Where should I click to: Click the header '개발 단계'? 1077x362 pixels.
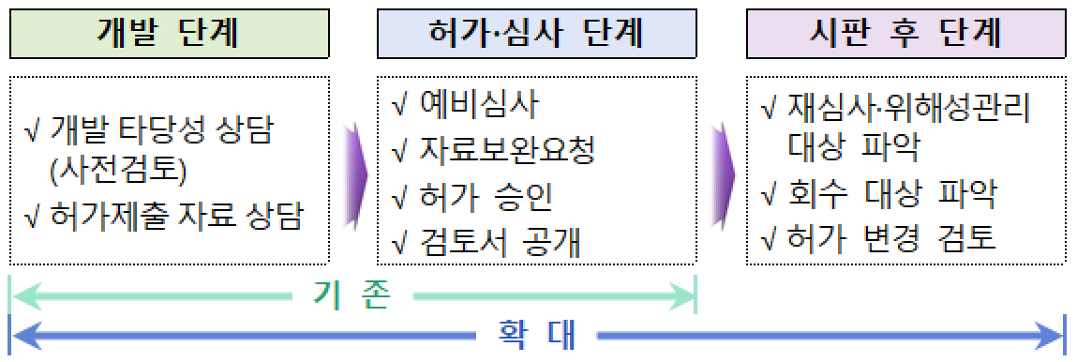click(169, 35)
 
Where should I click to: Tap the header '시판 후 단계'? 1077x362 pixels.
click(905, 35)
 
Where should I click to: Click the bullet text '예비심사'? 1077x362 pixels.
click(479, 104)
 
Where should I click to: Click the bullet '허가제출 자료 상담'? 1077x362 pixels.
click(177, 218)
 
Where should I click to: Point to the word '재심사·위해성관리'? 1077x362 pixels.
click(909, 109)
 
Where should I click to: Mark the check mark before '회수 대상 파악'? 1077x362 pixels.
click(768, 195)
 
